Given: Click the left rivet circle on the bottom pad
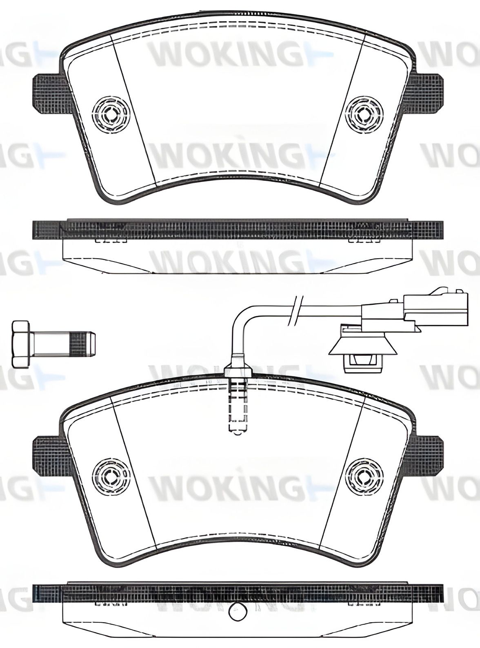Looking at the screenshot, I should coord(111,475).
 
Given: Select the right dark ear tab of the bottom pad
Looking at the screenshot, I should coord(427,455).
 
